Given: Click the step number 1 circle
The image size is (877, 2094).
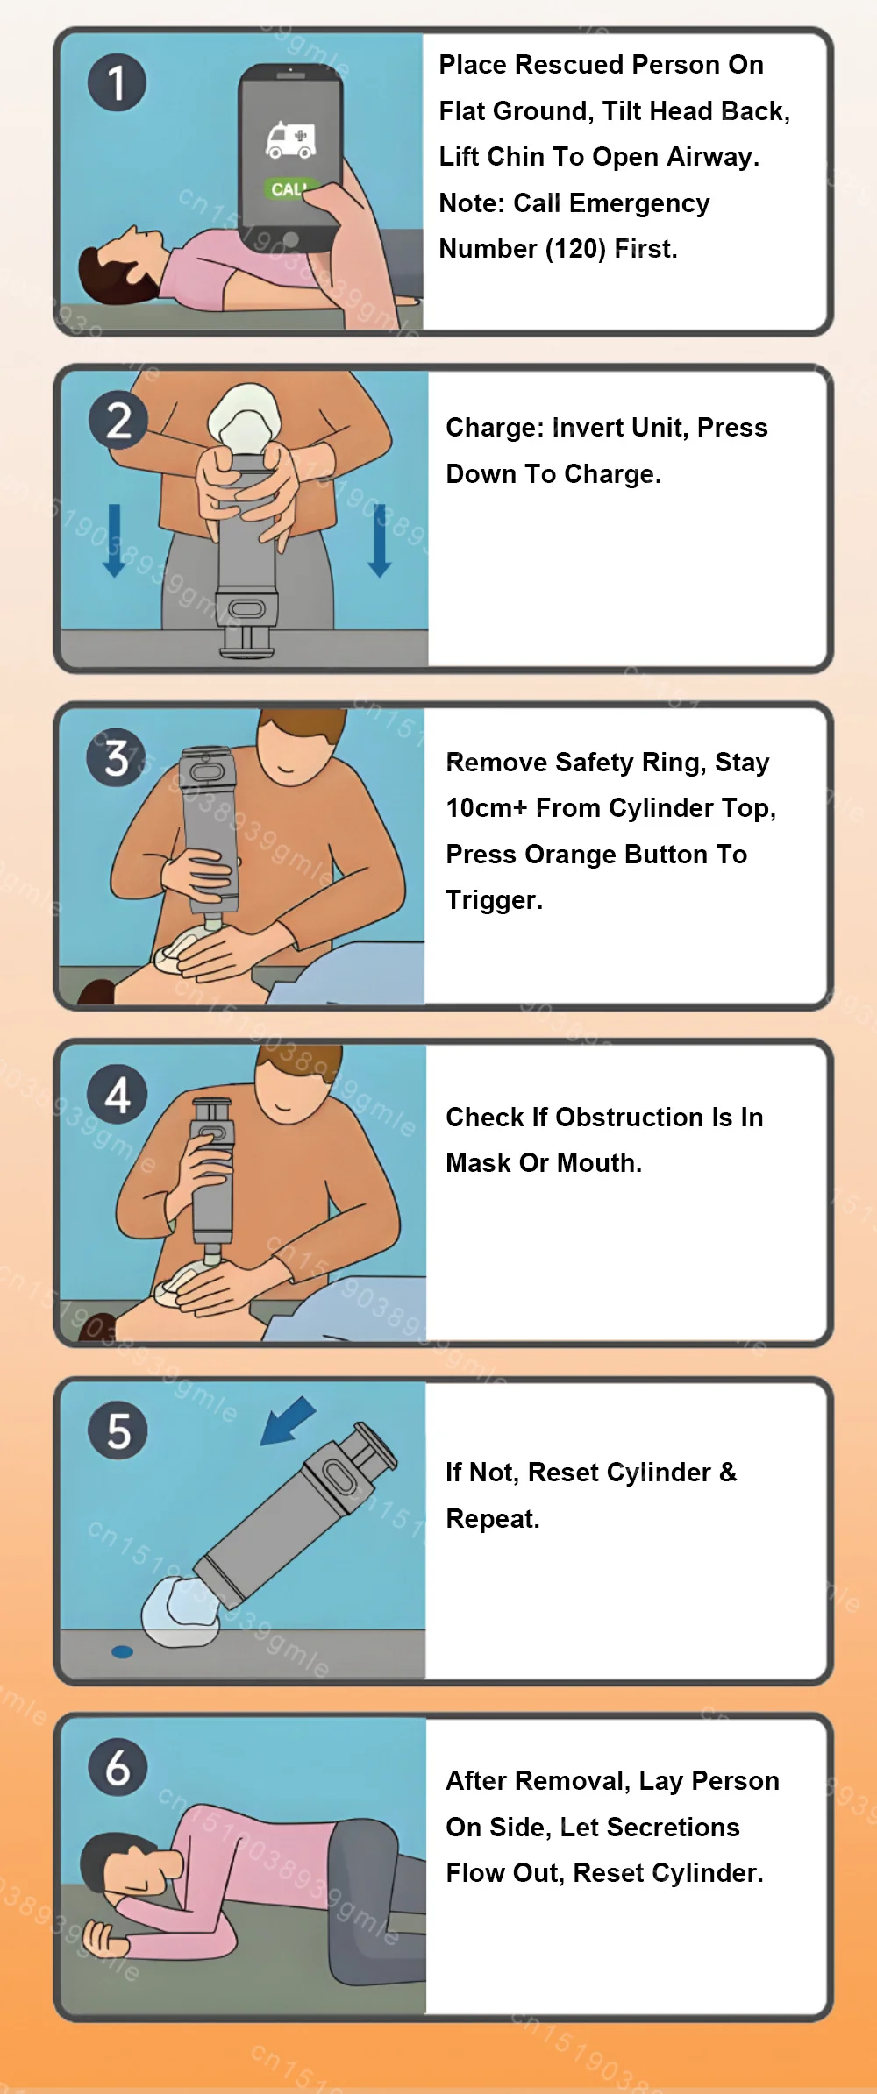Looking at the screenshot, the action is pyautogui.click(x=117, y=82).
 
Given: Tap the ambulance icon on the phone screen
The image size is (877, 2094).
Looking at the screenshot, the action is pyautogui.click(x=291, y=139).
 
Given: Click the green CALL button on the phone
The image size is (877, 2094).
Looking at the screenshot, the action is pyautogui.click(x=289, y=188).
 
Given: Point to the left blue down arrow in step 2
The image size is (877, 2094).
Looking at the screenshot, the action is pyautogui.click(x=114, y=540).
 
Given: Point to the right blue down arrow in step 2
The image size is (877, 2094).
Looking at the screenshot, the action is pyautogui.click(x=380, y=540).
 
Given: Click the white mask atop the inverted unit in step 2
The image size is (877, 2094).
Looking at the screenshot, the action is pyautogui.click(x=246, y=417).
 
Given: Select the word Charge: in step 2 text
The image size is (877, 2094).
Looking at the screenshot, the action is pyautogui.click(x=496, y=428).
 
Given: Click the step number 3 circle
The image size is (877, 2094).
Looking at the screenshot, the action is pyautogui.click(x=116, y=758).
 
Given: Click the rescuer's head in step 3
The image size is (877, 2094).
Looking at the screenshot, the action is pyautogui.click(x=299, y=746).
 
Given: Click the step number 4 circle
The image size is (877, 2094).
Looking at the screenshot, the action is pyautogui.click(x=118, y=1095).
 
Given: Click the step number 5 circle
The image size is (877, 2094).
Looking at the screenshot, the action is pyautogui.click(x=118, y=1430).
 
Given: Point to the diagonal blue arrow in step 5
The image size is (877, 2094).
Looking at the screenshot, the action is pyautogui.click(x=289, y=1421).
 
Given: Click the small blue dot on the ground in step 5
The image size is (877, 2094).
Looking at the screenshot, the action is pyautogui.click(x=122, y=1652).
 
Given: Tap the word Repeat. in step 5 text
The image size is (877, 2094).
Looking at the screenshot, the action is pyautogui.click(x=493, y=1519).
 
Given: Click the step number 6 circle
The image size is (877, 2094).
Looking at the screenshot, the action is pyautogui.click(x=118, y=1767).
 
